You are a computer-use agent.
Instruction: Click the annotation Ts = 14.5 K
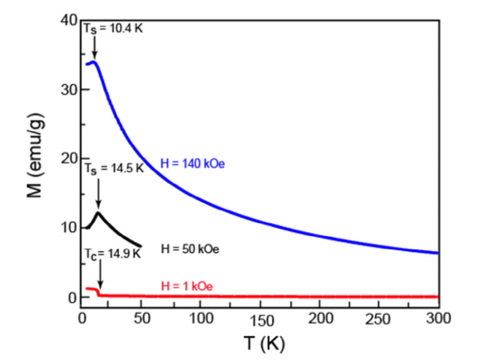[x=114, y=168]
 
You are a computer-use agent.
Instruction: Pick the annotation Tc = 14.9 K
[x=113, y=253]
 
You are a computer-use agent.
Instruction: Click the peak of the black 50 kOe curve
[x=98, y=213]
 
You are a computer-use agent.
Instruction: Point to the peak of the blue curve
[x=93, y=62]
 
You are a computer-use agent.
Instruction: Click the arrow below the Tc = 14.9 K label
[x=99, y=273]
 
